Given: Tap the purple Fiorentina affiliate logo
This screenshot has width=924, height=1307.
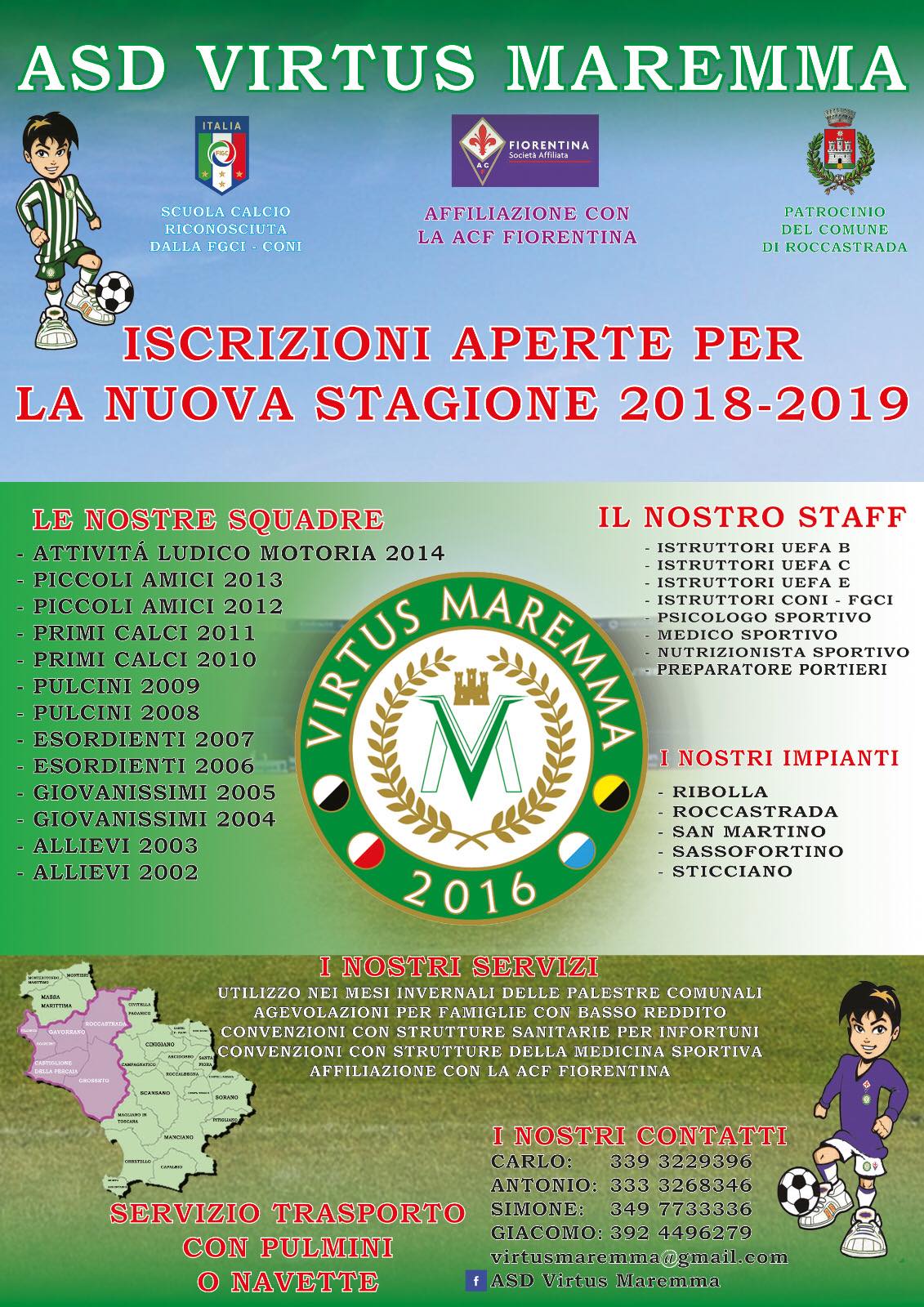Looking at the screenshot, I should click(x=524, y=150).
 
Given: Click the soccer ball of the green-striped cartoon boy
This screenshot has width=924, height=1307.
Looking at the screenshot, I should click(x=114, y=291).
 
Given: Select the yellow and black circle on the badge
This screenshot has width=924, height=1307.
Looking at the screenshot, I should click(x=608, y=792).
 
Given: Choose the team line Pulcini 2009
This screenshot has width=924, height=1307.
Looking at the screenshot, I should click(x=116, y=686).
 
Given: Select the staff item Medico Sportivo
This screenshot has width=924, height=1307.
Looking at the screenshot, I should click(x=747, y=635).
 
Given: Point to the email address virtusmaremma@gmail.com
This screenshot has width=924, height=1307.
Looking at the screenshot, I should click(x=639, y=1256).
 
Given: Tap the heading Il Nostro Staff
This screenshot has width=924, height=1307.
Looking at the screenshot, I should click(x=752, y=516).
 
